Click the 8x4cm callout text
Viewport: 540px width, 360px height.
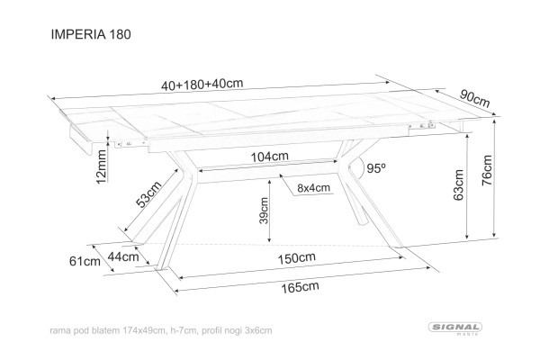313,187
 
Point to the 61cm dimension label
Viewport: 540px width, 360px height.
84,262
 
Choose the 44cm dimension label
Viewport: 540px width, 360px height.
123,256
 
